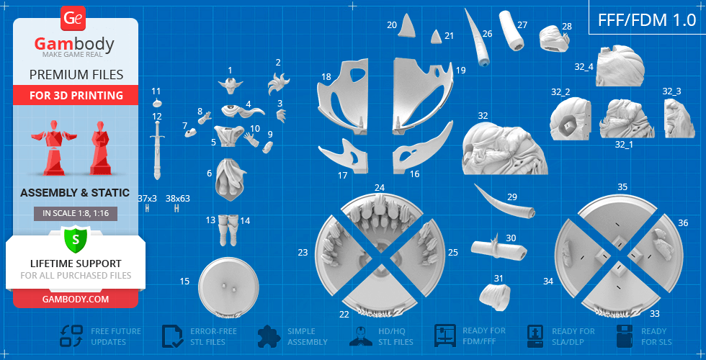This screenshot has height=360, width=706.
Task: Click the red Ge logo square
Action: pyautogui.click(x=73, y=18)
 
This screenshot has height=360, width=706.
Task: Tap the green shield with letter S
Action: pyautogui.click(x=76, y=239)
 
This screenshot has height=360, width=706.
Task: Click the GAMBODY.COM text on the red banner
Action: pyautogui.click(x=76, y=299)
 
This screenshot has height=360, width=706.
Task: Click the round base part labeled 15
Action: pyautogui.click(x=229, y=284)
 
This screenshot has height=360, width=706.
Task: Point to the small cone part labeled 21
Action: pyautogui.click(x=436, y=37)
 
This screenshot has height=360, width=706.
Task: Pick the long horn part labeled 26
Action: pyautogui.click(x=477, y=38)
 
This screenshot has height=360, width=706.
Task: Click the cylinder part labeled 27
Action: pyautogui.click(x=512, y=30)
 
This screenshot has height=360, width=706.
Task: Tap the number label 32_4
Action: pyautogui.click(x=584, y=66)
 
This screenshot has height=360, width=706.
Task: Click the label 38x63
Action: pyautogui.click(x=178, y=198)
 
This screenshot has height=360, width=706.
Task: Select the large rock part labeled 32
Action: pyautogui.click(x=505, y=148)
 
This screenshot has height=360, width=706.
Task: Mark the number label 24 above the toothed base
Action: pyautogui.click(x=380, y=187)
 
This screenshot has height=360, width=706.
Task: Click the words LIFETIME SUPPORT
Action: pyautogui.click(x=76, y=264)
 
